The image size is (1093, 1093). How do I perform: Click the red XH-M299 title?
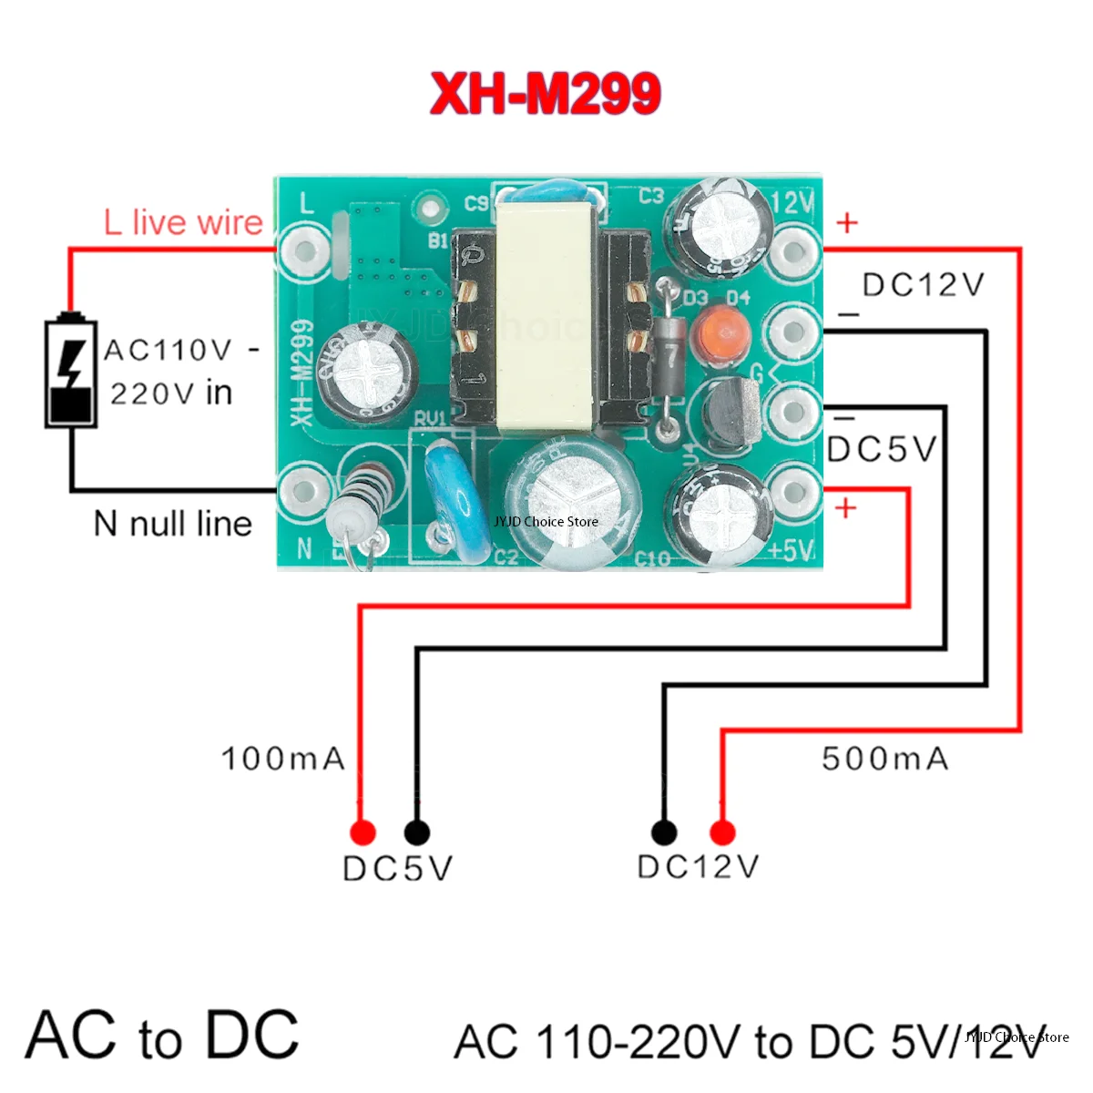[545, 93]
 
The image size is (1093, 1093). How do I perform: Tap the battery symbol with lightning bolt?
[71, 371]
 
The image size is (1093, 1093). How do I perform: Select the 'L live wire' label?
[183, 222]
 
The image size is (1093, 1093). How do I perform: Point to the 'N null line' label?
[173, 524]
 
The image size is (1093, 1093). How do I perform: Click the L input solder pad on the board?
[304, 249]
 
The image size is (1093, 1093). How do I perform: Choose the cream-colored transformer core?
[545, 314]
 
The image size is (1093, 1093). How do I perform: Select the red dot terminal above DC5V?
[363, 832]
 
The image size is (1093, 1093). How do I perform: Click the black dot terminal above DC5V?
[416, 832]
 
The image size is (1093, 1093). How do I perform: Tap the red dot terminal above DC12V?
[722, 832]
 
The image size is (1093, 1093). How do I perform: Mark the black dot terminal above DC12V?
[664, 832]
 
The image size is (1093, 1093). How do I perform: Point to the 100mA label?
[283, 759]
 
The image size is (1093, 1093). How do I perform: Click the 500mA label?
[884, 759]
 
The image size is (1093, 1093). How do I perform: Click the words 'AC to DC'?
[162, 1036]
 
